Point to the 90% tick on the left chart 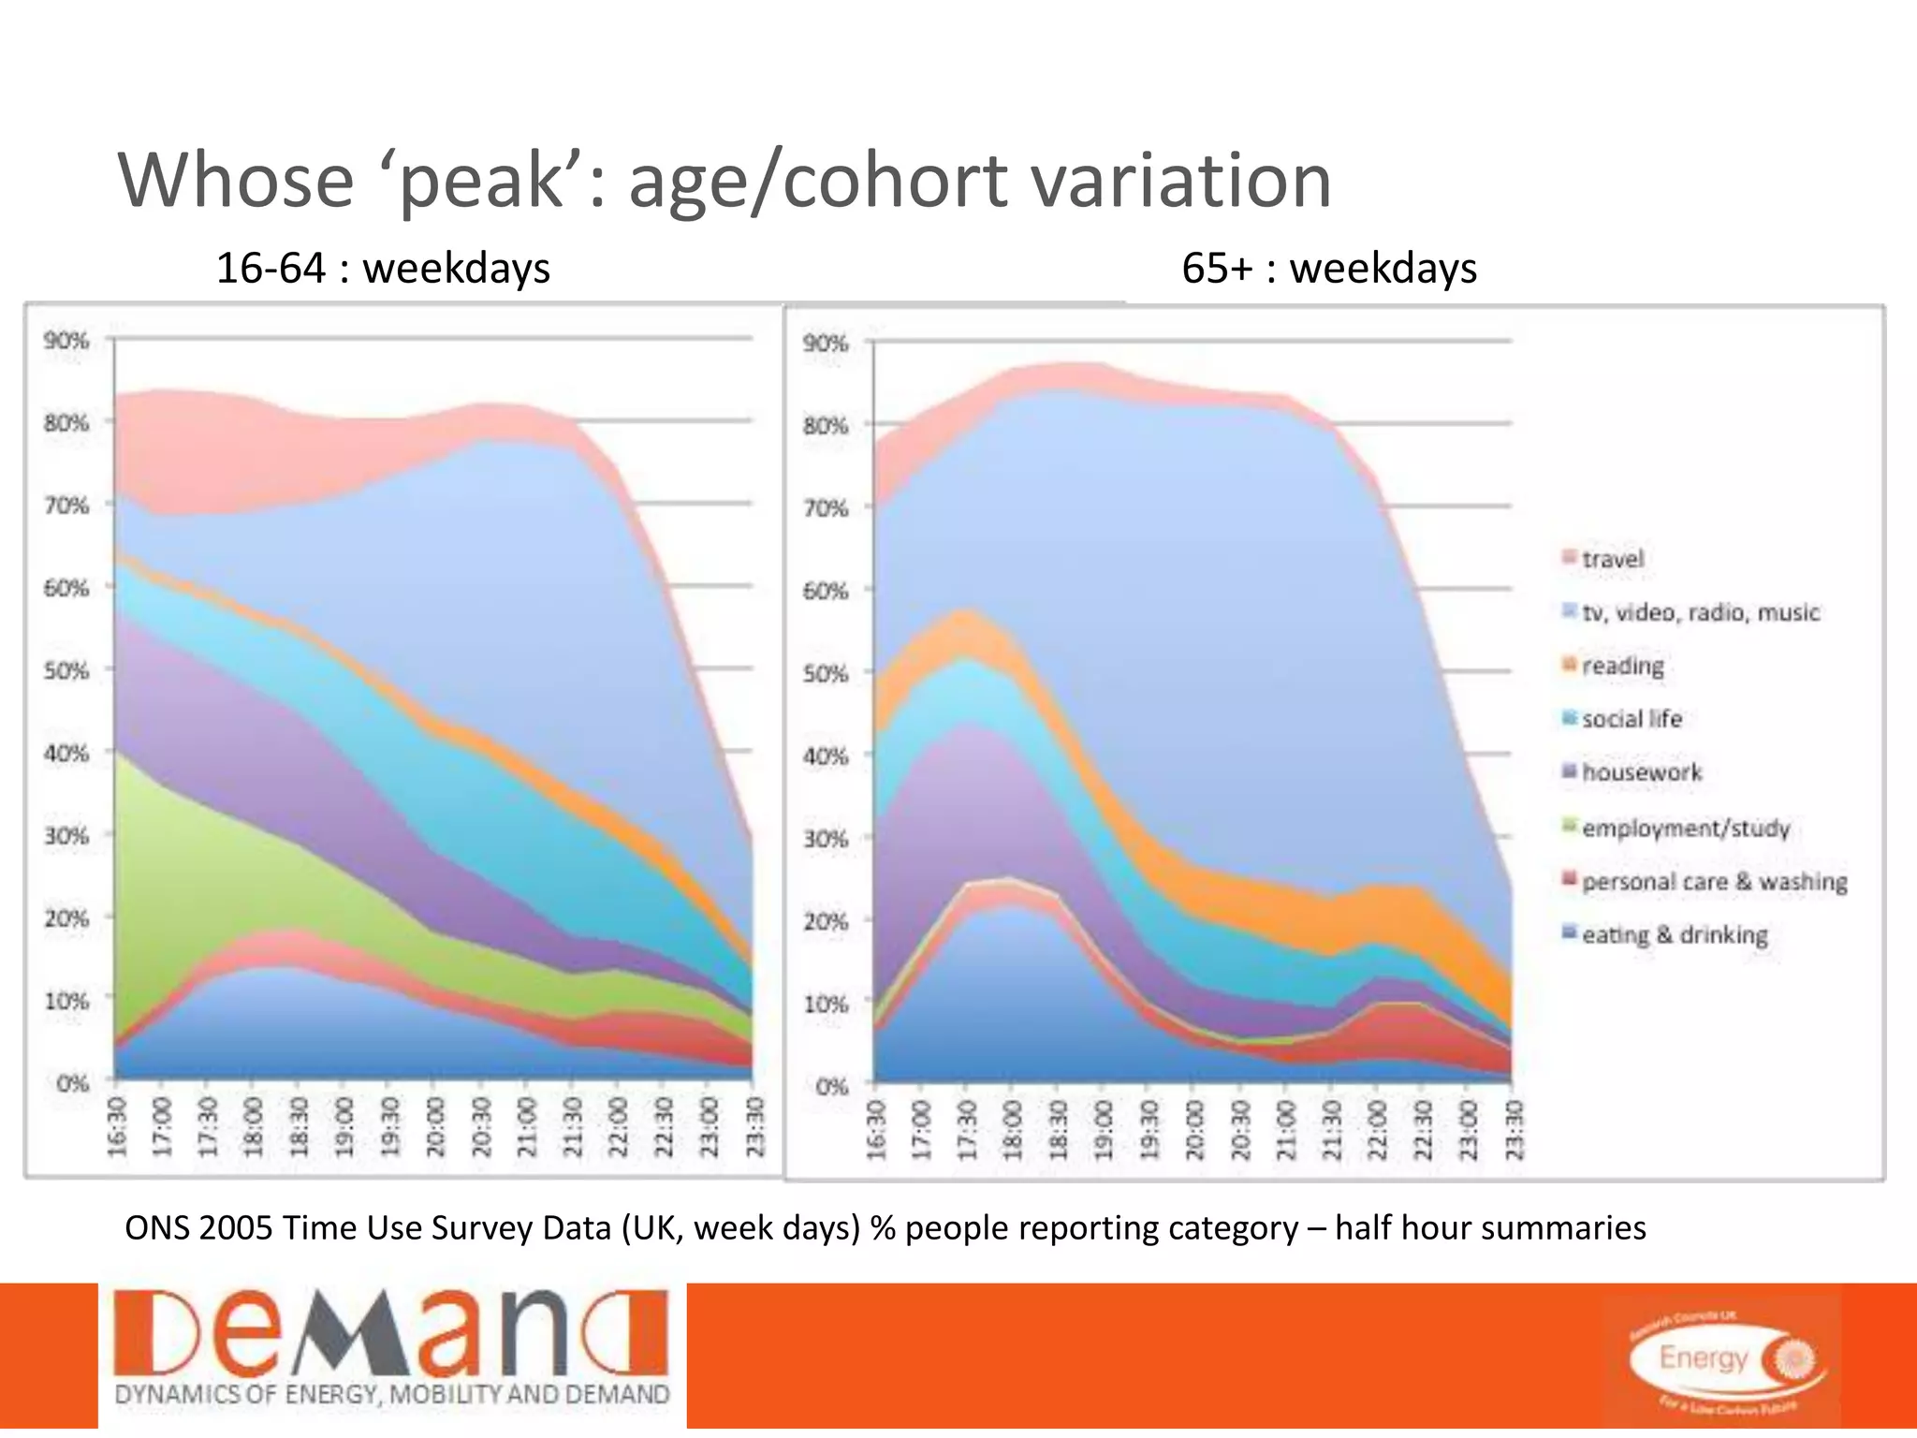[66, 341]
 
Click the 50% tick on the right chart [825, 673]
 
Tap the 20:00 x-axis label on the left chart [435, 1126]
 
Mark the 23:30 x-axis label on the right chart [1513, 1130]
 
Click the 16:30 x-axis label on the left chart [117, 1126]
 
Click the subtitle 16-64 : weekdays [383, 269]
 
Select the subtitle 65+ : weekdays [1328, 269]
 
